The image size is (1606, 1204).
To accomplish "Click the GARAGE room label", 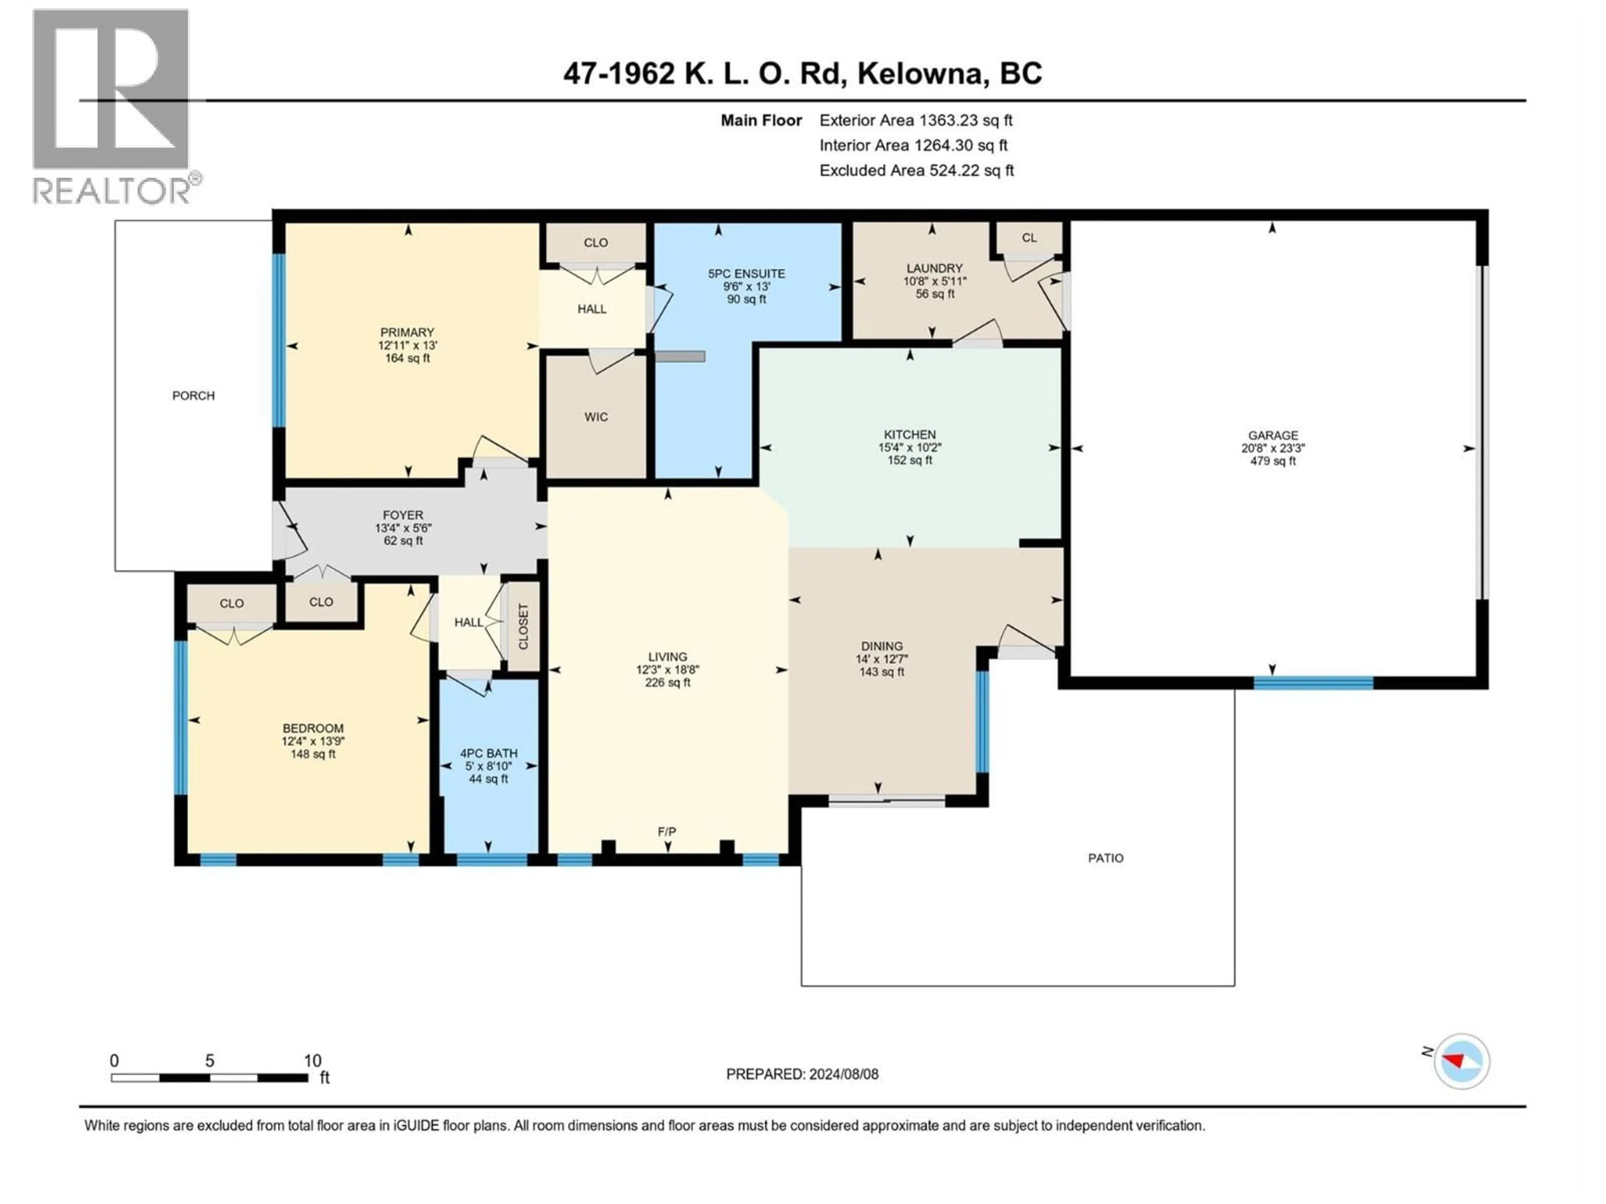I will [x=1273, y=436].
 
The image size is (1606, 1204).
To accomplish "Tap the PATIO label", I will [x=1105, y=858].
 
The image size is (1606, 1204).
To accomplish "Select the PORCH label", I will [x=193, y=395].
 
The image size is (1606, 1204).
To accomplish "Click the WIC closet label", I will [x=596, y=416].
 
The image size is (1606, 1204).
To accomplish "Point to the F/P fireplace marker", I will [x=667, y=832].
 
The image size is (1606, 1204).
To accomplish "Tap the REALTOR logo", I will [x=113, y=105].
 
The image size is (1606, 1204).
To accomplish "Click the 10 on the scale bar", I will [x=312, y=1060].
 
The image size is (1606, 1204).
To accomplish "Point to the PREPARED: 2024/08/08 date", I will [x=802, y=1074].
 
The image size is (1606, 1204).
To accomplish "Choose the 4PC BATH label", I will [x=488, y=753].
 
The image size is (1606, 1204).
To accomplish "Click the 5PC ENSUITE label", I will [x=747, y=273].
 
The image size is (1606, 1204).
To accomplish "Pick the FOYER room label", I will [x=403, y=515].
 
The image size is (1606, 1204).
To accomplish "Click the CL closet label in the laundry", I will [x=1029, y=237].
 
